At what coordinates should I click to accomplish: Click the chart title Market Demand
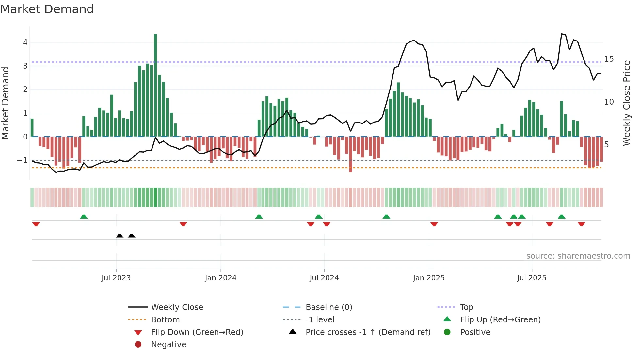(x=47, y=9)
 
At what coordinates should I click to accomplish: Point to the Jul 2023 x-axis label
(x=116, y=278)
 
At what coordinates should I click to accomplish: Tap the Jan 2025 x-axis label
(x=428, y=278)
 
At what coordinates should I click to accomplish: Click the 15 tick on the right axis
(x=609, y=59)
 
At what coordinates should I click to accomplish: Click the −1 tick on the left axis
(x=22, y=160)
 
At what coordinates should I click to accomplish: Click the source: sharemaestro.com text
(x=578, y=256)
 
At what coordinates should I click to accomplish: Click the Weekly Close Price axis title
(x=626, y=103)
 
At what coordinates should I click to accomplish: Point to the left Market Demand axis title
(x=6, y=103)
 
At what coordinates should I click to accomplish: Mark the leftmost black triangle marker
(x=120, y=236)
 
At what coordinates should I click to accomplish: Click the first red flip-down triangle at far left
(x=36, y=224)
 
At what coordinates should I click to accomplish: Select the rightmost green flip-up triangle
(x=561, y=217)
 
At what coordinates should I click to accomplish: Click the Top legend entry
(x=466, y=307)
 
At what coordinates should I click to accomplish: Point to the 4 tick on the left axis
(x=25, y=42)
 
